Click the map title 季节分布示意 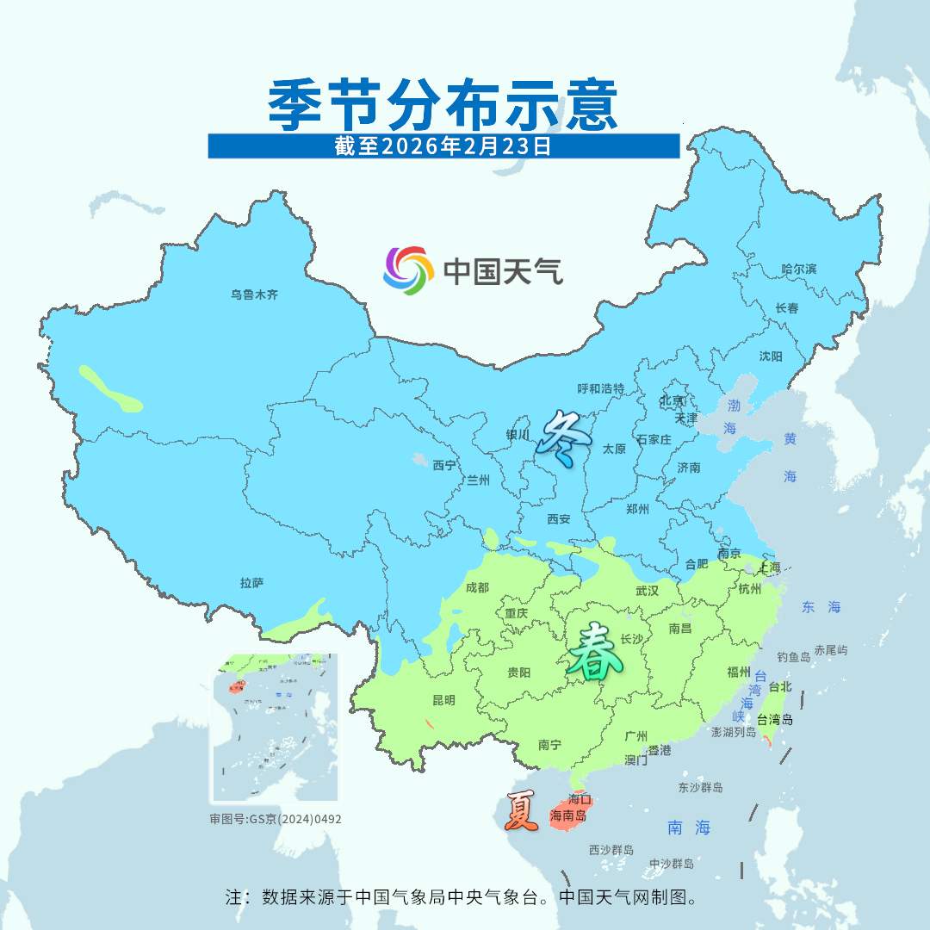[x=443, y=105]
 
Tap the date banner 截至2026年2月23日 [x=443, y=146]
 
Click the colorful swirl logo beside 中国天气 [x=407, y=270]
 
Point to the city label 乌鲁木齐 [x=254, y=294]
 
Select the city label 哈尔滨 [x=798, y=270]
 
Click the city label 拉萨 [x=251, y=583]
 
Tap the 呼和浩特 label [x=600, y=389]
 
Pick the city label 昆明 [x=443, y=700]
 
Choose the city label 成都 [x=476, y=587]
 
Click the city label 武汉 [x=647, y=591]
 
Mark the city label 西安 [x=559, y=519]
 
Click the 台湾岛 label [x=775, y=720]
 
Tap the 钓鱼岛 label [x=793, y=657]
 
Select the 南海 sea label [x=689, y=828]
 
